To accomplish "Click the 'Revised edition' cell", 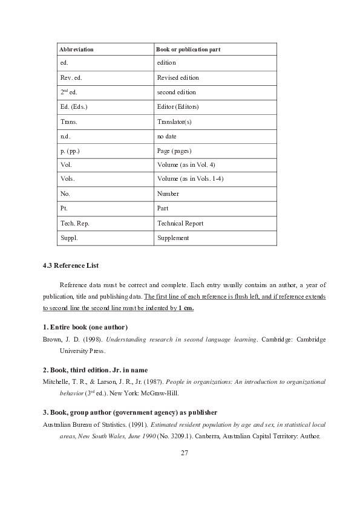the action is pyautogui.click(x=177, y=77).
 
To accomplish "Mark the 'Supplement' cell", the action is pyautogui.click(x=173, y=238).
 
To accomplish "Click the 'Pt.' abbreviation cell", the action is pyautogui.click(x=64, y=209).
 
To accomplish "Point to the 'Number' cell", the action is pyautogui.click(x=168, y=194).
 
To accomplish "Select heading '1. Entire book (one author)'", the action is pyautogui.click(x=85, y=327).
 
